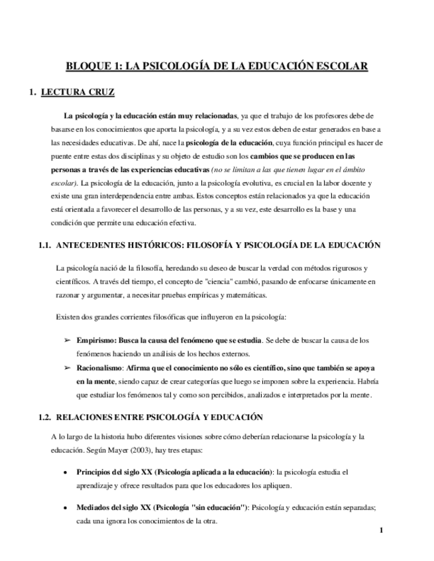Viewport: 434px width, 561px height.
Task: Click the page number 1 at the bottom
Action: point(382,531)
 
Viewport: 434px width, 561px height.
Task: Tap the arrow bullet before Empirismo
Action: point(66,340)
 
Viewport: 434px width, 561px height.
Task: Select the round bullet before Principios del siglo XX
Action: point(64,473)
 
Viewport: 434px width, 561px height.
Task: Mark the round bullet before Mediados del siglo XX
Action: point(64,508)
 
